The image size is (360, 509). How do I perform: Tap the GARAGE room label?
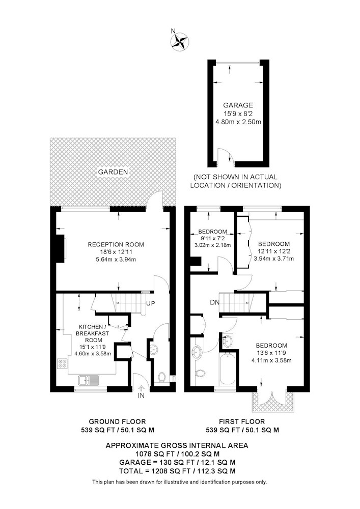click(x=238, y=105)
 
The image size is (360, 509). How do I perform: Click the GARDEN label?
click(x=113, y=172)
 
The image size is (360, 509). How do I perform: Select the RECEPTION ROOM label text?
click(x=116, y=244)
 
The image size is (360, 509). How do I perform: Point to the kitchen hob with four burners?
click(x=62, y=364)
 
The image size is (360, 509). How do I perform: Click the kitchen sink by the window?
click(x=88, y=379)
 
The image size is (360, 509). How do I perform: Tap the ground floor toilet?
click(x=161, y=377)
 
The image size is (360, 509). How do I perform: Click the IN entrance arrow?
click(x=141, y=388)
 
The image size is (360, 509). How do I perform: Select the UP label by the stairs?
click(x=150, y=303)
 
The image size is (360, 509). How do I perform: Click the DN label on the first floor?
click(x=214, y=302)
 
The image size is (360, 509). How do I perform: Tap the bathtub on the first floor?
click(x=227, y=370)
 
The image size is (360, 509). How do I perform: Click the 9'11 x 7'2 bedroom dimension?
click(x=212, y=239)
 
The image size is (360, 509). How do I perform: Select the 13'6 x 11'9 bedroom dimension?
click(x=271, y=353)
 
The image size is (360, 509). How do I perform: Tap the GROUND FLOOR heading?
click(x=117, y=421)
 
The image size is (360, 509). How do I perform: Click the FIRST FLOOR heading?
click(x=242, y=421)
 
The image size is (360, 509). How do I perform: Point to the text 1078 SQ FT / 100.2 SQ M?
click(x=177, y=454)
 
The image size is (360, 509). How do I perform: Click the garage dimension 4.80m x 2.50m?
click(x=238, y=122)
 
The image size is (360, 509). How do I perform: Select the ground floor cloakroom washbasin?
click(x=154, y=349)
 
